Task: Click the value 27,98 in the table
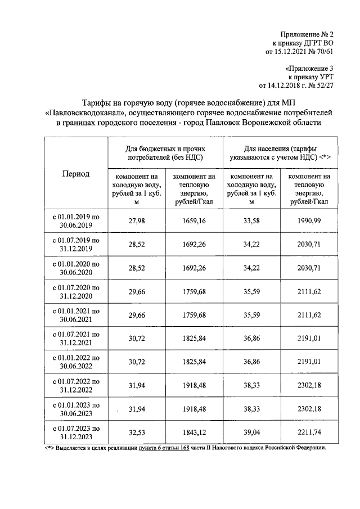(137, 221)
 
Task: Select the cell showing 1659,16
(195, 221)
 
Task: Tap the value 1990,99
(309, 221)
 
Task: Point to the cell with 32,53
(137, 434)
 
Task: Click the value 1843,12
(195, 434)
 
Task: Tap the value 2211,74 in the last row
(309, 434)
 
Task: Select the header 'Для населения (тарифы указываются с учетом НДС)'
(280, 151)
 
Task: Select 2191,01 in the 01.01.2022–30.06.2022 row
(309, 363)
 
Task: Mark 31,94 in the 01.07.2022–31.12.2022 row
(137, 386)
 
